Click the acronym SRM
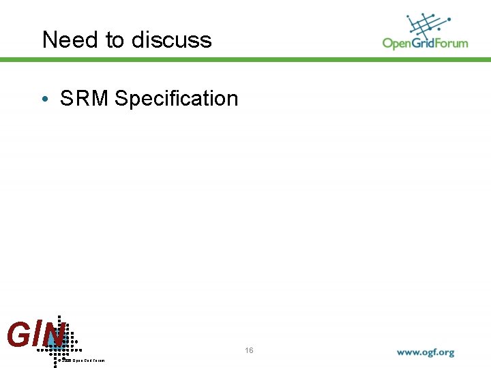pos(84,99)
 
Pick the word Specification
pos(177,99)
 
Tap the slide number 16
pos(249,350)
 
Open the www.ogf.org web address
pos(426,353)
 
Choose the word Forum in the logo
pos(452,44)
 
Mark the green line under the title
pos(245,60)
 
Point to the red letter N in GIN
pos(53,335)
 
